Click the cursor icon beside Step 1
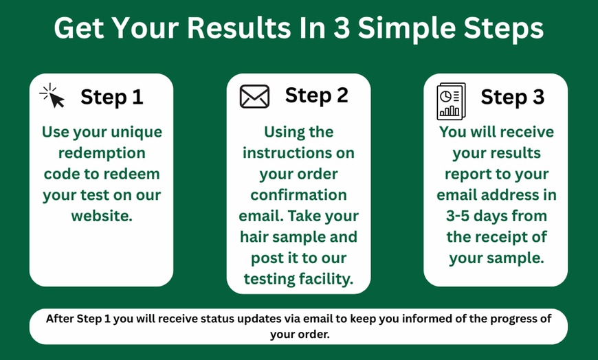tap(52, 95)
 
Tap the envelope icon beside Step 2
tap(254, 96)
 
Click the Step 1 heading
tap(112, 97)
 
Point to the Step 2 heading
tap(317, 95)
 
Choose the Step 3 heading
tap(512, 97)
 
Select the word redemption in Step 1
tap(102, 153)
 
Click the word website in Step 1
tap(100, 216)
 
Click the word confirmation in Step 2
tap(298, 195)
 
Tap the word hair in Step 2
tap(256, 238)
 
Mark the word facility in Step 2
tap(327, 280)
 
